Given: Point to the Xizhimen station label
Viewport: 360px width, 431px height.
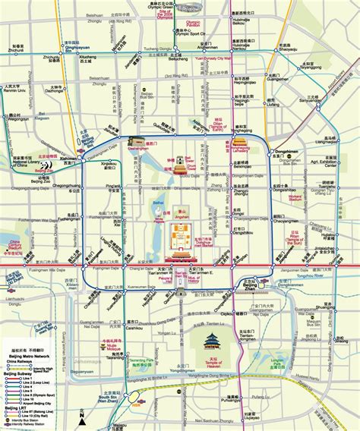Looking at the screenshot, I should click(x=70, y=159).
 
